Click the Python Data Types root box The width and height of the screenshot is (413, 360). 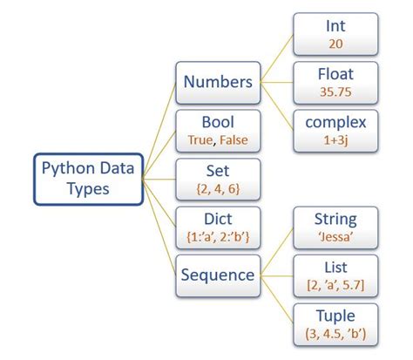click(88, 179)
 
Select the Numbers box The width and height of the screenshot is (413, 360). click(218, 82)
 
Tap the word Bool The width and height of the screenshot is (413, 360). click(218, 121)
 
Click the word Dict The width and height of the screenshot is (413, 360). click(218, 218)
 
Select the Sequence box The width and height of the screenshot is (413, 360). click(218, 275)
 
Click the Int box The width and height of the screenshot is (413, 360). click(335, 34)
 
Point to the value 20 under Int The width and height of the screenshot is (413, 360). click(335, 43)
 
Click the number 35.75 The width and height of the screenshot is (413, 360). click(335, 91)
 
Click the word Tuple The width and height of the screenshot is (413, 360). click(335, 315)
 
